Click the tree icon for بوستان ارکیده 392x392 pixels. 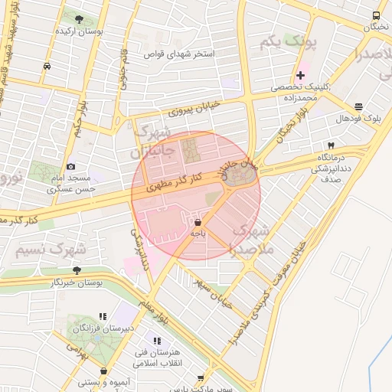coord(80,19)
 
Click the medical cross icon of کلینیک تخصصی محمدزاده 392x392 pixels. coord(301,75)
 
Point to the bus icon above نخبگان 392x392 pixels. coord(376,15)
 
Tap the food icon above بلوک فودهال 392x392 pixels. coord(358,106)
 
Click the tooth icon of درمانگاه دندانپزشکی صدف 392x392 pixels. coord(331,145)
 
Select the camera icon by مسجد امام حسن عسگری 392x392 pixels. coord(71,166)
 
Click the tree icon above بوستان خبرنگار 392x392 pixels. coord(77,270)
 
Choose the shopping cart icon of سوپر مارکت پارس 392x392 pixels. coord(201,377)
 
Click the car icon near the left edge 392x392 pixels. coord(48,66)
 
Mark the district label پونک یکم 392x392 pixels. coord(288,43)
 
